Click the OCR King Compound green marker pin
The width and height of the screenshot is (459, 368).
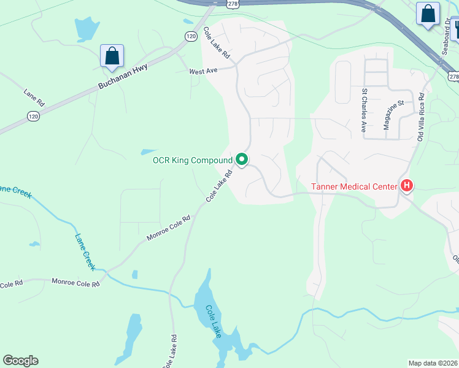coord(242,160)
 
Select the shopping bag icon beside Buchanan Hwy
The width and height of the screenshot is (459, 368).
coord(112,56)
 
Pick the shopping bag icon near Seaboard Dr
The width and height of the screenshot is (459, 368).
coord(428,13)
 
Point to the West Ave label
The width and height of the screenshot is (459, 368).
coord(204,71)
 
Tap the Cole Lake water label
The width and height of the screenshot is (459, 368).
coord(213,321)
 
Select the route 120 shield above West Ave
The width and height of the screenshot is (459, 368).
coord(191,37)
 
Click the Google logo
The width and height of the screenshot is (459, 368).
coord(20,361)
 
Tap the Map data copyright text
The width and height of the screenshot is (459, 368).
coord(433,363)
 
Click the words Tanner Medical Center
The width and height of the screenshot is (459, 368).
coord(355,186)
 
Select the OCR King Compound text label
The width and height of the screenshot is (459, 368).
coord(193,161)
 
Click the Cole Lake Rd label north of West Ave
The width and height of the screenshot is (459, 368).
coord(217,44)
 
